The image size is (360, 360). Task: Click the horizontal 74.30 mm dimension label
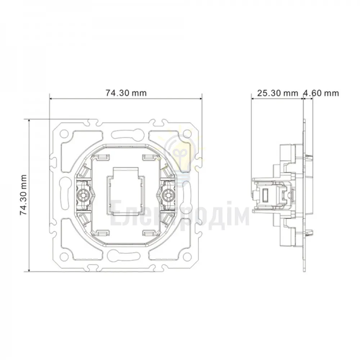point(126,93)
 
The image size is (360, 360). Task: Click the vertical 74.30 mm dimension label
point(23,195)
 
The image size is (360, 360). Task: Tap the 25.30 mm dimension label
point(278,93)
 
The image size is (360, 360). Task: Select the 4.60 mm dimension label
point(321,93)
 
